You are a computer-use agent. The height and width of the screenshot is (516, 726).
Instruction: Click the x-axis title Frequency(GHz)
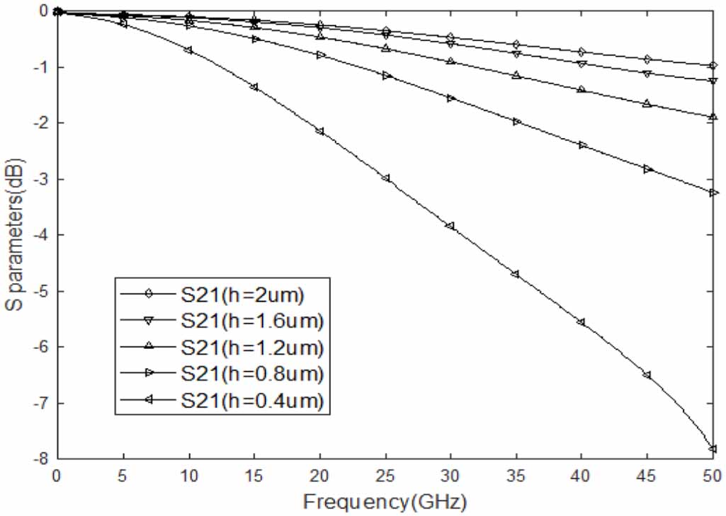pos(385,503)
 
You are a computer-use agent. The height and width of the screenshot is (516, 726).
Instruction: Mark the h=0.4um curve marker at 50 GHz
pos(713,449)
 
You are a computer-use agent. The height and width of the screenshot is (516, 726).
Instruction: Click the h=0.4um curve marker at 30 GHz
pos(450,226)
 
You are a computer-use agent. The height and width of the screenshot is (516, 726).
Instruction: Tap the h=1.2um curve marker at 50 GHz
pos(713,117)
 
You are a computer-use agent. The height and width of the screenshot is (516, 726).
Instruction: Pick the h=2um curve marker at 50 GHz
pos(713,66)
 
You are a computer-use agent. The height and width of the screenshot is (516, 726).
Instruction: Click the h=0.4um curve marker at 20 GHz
pos(319,131)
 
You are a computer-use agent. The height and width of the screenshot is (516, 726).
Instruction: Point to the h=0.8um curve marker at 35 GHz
pos(516,122)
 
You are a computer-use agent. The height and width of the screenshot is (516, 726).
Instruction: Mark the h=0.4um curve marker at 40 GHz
pos(582,322)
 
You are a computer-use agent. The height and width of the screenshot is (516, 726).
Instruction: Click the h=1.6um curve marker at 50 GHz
pos(713,81)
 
